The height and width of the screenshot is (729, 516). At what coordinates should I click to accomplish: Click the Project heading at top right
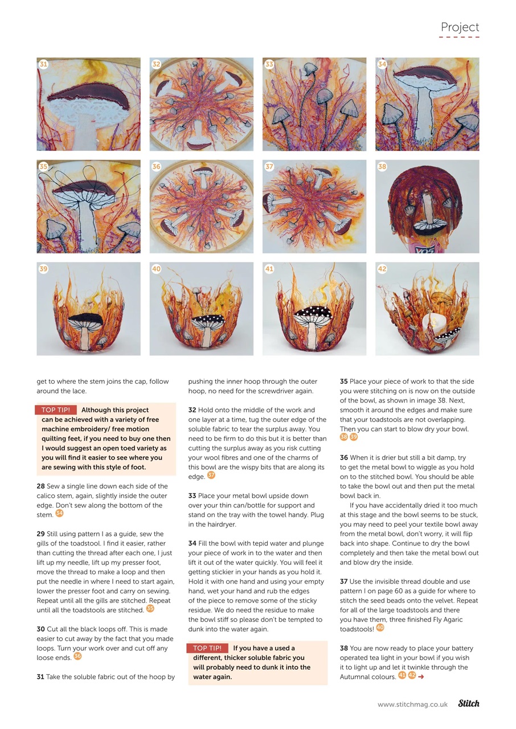coord(460,27)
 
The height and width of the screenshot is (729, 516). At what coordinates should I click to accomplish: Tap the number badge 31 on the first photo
coord(43,64)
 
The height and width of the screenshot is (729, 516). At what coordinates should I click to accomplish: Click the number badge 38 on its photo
coord(382,167)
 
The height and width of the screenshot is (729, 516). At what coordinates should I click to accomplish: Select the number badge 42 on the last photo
coord(382,269)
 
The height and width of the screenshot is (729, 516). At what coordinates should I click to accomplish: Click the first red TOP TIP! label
coord(55,410)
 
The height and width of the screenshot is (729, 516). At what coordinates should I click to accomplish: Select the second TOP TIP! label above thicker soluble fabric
coord(207,648)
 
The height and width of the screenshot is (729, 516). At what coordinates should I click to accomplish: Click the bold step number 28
coord(40,486)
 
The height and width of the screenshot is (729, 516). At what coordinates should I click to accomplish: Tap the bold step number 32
coord(192,410)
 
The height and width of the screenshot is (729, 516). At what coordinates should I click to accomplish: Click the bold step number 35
coord(344,382)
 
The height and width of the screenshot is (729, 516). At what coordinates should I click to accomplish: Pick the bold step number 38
coord(344,648)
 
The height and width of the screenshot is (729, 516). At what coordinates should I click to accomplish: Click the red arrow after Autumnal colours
coord(421,677)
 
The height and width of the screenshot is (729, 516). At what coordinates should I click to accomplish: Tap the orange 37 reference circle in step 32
coord(211,476)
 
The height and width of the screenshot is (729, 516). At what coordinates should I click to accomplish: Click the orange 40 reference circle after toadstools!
coord(380,628)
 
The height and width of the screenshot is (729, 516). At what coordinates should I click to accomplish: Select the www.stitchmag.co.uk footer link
coord(412,705)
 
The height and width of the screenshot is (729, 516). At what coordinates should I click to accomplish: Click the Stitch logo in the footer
coord(468,704)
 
